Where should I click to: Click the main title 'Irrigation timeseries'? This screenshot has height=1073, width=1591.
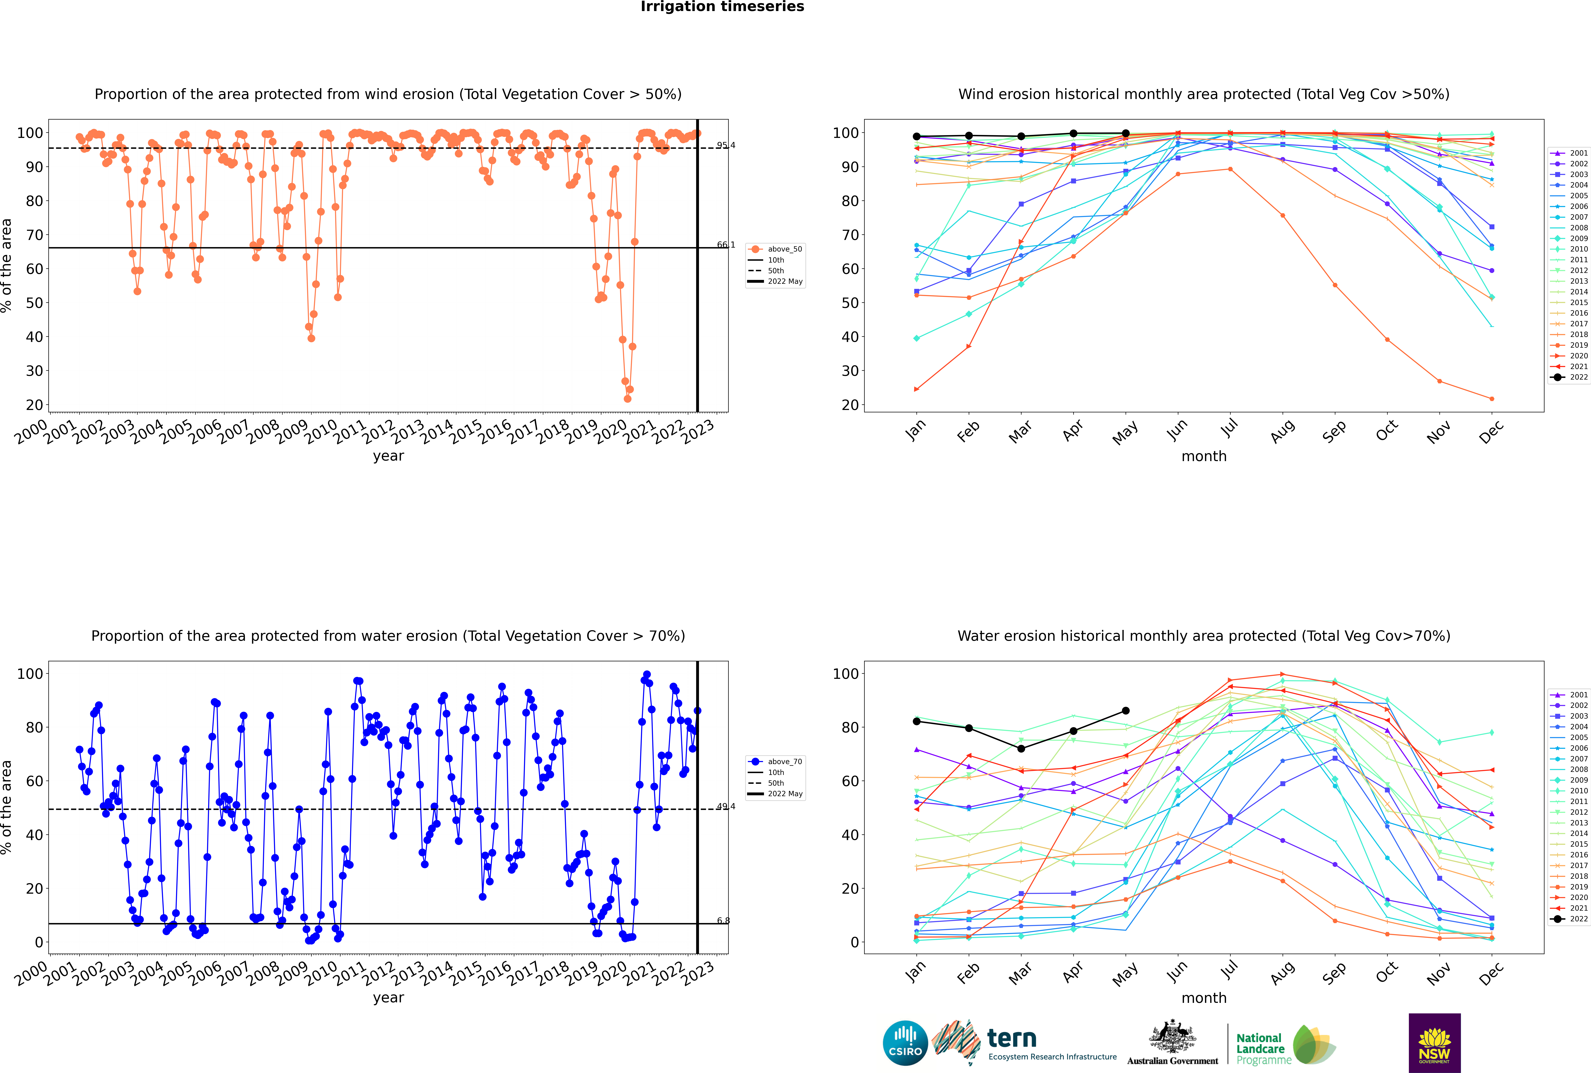(x=722, y=7)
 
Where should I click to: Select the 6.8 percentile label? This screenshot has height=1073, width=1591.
(x=723, y=920)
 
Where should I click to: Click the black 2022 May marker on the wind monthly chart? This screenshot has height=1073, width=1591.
(x=1125, y=133)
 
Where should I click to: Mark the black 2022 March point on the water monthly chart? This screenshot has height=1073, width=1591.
(x=1021, y=749)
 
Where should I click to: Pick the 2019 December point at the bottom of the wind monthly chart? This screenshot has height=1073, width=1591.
(x=1492, y=399)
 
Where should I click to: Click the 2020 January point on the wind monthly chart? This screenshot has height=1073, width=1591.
(x=917, y=389)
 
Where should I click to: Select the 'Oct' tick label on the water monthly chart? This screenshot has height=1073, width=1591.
(x=1386, y=972)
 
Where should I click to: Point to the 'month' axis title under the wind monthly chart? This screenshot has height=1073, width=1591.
(x=1204, y=457)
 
